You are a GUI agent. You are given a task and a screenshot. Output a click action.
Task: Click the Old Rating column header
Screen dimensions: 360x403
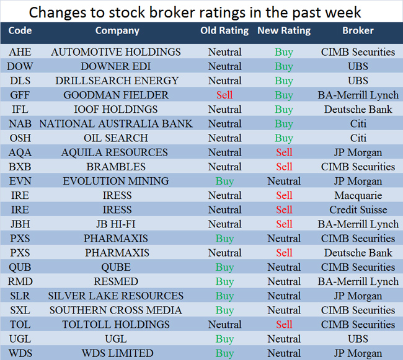224,30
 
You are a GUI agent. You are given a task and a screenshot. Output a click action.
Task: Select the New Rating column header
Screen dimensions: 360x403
284,30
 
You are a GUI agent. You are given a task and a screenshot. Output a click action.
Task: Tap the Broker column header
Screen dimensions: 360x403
358,30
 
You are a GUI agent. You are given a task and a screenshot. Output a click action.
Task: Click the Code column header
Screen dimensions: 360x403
20,30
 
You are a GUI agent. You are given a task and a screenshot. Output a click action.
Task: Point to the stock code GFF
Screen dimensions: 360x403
20,95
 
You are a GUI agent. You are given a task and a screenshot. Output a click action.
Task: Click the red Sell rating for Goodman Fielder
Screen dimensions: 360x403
224,95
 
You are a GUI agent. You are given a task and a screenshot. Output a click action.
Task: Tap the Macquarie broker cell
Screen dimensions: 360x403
358,195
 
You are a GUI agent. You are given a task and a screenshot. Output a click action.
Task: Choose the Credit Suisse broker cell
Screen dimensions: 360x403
358,209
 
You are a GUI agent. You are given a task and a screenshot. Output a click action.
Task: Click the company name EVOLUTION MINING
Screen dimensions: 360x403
116,181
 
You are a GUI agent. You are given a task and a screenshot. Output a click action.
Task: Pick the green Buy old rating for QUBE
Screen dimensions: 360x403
224,267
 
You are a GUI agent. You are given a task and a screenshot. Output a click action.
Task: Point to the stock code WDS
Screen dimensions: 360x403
20,353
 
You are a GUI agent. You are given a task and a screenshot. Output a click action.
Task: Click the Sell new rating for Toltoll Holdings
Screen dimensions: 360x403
284,324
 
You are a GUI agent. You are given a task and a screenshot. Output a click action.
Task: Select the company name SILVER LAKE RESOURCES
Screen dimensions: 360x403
116,296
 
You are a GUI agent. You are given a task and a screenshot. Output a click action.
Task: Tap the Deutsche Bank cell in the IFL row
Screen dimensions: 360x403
358,109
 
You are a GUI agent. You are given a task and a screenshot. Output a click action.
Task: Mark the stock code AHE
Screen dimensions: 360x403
20,52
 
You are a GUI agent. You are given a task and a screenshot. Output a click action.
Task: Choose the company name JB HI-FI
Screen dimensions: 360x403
116,224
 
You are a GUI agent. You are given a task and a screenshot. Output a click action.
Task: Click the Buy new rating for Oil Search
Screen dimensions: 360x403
284,138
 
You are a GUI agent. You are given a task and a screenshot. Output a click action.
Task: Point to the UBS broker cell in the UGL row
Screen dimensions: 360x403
358,338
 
